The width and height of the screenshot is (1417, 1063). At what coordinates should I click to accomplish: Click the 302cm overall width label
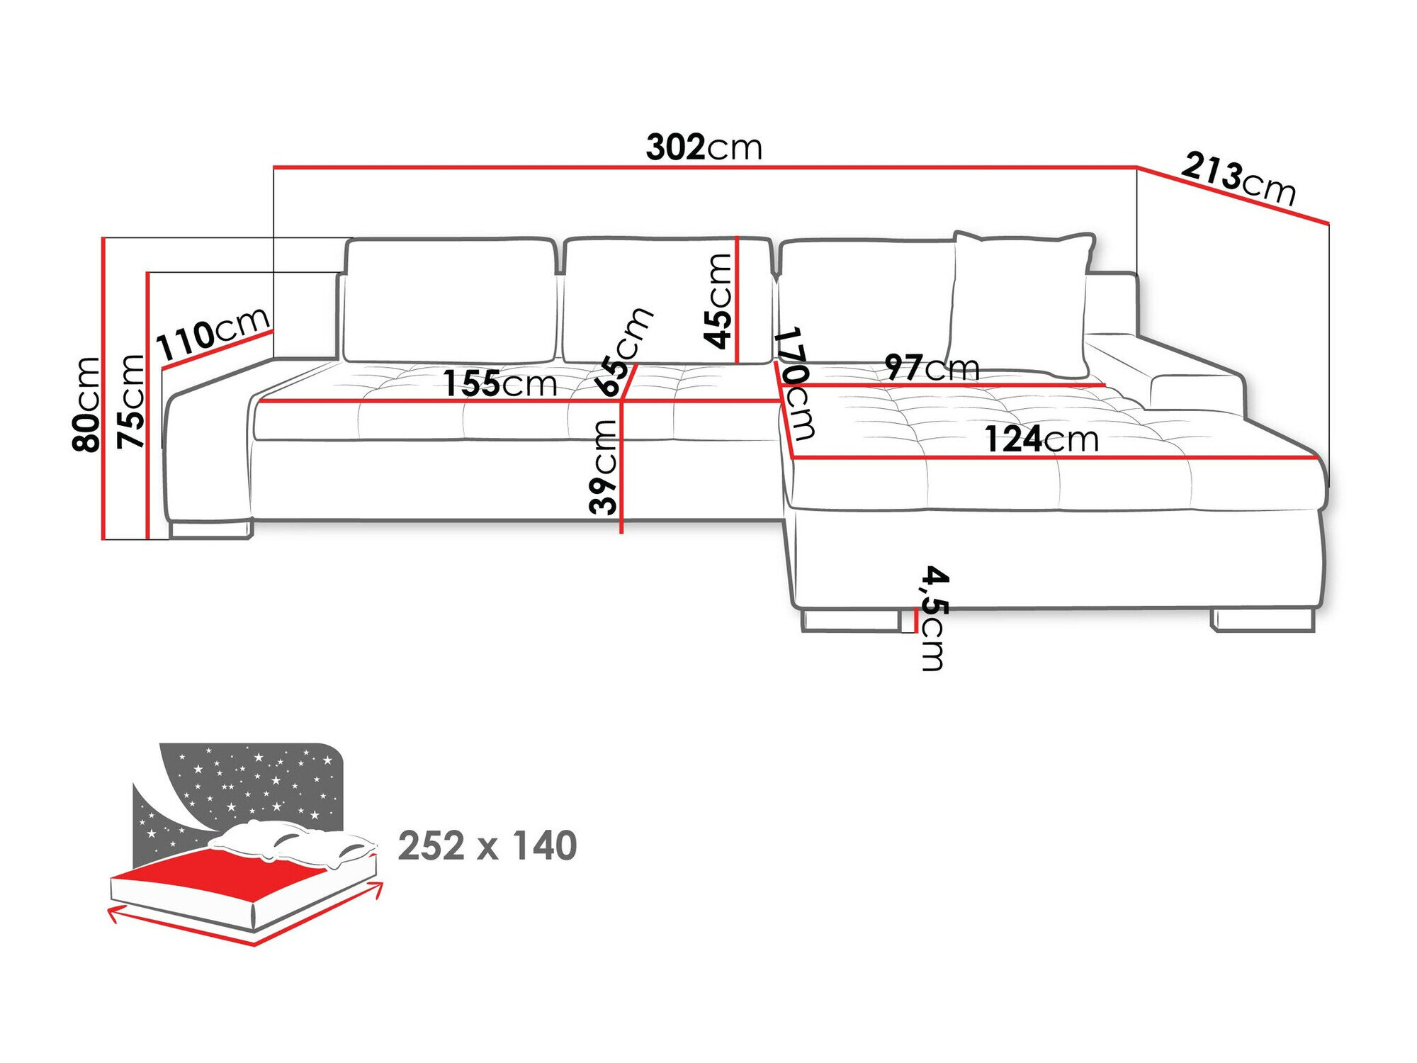click(704, 147)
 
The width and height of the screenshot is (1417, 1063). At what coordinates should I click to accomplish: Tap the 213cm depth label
click(1238, 179)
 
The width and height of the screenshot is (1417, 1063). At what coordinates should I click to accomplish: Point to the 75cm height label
click(131, 401)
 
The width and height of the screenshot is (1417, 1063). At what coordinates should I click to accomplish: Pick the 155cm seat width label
click(500, 383)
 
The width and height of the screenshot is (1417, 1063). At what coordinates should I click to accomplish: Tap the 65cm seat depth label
click(623, 352)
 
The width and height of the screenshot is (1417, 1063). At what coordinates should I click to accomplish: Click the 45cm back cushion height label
click(718, 301)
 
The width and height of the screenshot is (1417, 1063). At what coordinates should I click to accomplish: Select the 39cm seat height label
click(604, 466)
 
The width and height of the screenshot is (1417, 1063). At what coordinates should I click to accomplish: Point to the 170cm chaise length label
click(795, 383)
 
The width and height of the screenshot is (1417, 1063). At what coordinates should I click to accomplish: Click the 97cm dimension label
click(932, 368)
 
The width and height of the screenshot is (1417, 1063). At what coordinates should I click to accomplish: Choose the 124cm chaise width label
click(1041, 439)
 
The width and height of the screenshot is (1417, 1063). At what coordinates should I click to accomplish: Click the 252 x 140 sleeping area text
click(487, 845)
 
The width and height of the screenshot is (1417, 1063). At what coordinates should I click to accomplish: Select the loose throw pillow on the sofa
click(1020, 303)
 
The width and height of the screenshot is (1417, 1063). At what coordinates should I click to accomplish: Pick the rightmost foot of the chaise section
click(1263, 620)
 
